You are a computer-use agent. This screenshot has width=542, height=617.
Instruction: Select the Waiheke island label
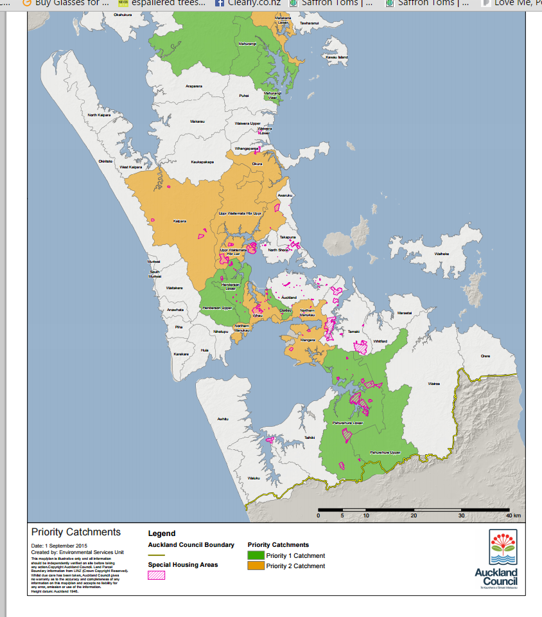(x=442, y=253)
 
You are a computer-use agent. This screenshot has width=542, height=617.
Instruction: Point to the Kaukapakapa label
(x=202, y=162)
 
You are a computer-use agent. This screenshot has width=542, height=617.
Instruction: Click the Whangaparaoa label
(x=245, y=148)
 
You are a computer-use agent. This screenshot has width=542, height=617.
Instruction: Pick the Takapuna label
(x=288, y=237)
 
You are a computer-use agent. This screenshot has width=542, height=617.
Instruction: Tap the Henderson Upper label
(x=216, y=308)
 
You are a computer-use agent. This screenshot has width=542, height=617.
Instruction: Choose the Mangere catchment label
(x=308, y=339)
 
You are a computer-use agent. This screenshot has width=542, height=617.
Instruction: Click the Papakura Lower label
(x=348, y=424)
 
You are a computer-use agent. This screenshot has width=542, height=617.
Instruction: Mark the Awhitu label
(x=223, y=418)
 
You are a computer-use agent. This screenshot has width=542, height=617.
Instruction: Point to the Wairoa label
(x=434, y=384)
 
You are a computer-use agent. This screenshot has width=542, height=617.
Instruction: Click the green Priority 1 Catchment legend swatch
(x=256, y=555)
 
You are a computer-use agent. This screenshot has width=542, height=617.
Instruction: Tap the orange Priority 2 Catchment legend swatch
(x=256, y=566)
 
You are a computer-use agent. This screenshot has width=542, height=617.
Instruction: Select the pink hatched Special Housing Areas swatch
(x=157, y=575)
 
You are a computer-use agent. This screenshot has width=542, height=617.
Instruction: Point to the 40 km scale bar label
(x=512, y=516)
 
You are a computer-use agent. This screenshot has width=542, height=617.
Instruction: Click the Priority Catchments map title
(x=76, y=532)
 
